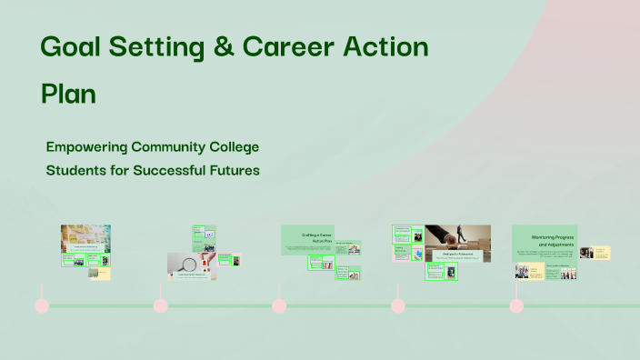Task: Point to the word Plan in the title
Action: tap(69, 94)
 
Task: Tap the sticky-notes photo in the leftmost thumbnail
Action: tap(85, 235)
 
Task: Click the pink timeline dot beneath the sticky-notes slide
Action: tap(41, 305)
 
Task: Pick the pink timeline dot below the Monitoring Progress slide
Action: tap(516, 305)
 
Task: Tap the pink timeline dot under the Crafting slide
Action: tap(279, 305)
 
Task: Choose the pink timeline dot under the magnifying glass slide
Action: tap(161, 305)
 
